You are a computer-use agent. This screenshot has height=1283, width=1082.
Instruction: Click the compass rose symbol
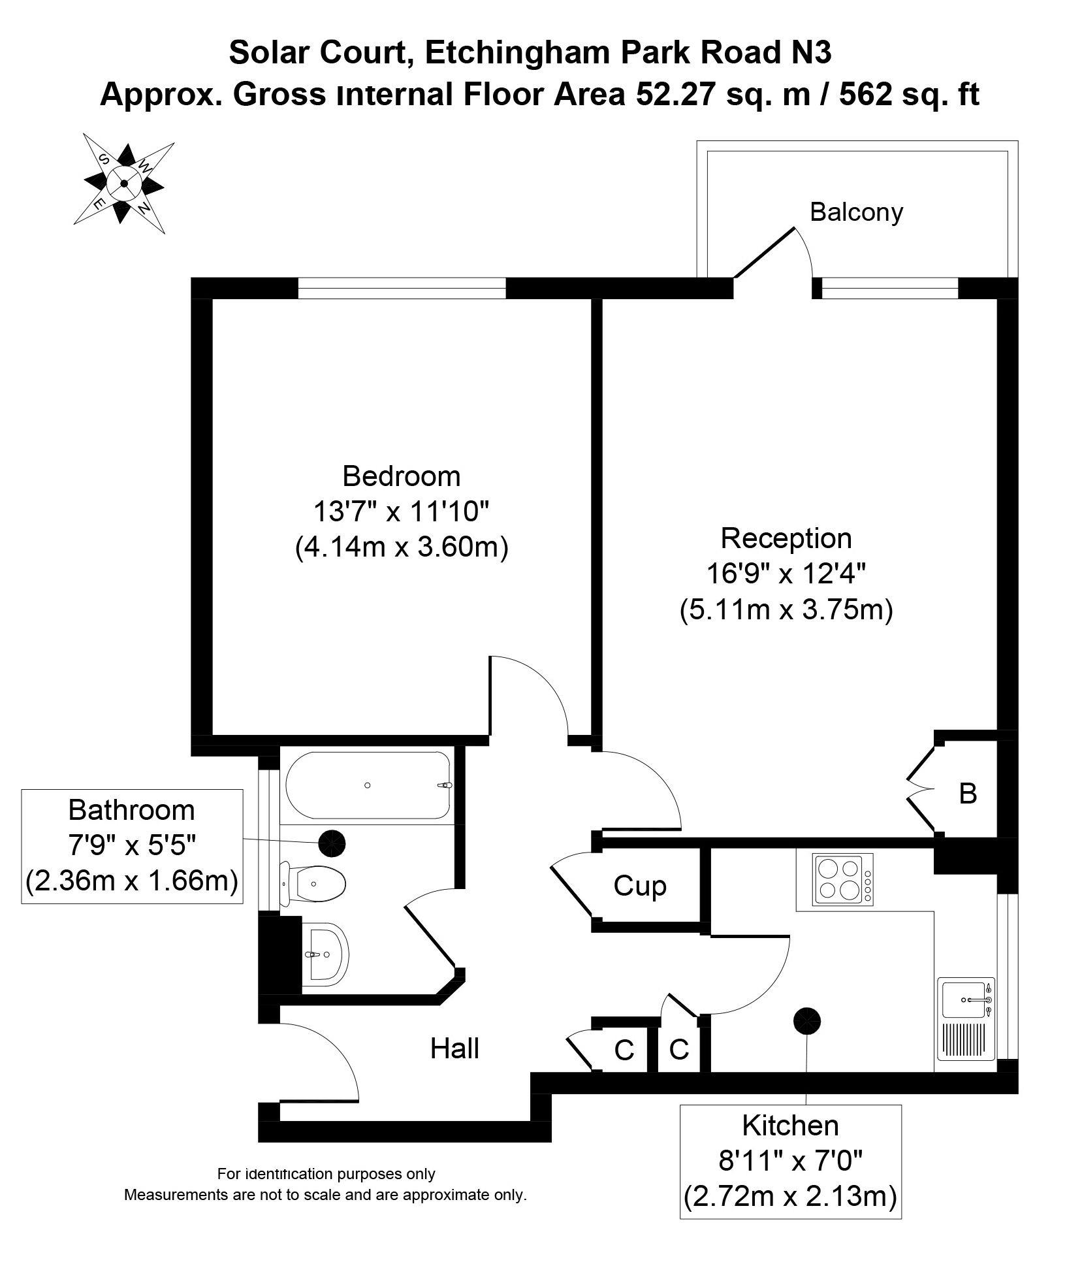123,183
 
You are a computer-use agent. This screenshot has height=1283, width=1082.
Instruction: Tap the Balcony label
855,212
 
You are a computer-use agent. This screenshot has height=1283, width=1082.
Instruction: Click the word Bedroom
401,476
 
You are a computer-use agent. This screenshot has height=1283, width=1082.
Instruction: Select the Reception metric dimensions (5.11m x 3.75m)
786,610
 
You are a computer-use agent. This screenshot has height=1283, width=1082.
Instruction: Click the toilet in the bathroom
313,884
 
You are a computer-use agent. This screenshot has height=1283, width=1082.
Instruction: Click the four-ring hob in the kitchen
842,879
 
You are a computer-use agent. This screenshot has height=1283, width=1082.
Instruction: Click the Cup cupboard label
639,886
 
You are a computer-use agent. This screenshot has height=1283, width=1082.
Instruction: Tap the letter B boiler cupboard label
967,794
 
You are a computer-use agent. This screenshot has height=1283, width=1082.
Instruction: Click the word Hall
454,1067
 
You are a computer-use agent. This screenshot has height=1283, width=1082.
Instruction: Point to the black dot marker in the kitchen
806,1020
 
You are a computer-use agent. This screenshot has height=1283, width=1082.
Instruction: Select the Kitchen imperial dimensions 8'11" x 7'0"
790,1161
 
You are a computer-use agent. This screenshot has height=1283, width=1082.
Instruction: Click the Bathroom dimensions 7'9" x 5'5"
132,846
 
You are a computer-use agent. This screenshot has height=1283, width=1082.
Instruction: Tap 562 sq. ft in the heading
909,95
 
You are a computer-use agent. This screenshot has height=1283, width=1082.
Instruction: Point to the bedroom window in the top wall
401,288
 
